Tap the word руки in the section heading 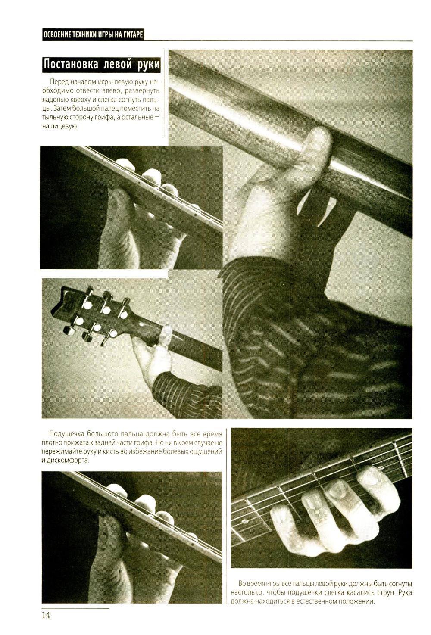149,65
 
